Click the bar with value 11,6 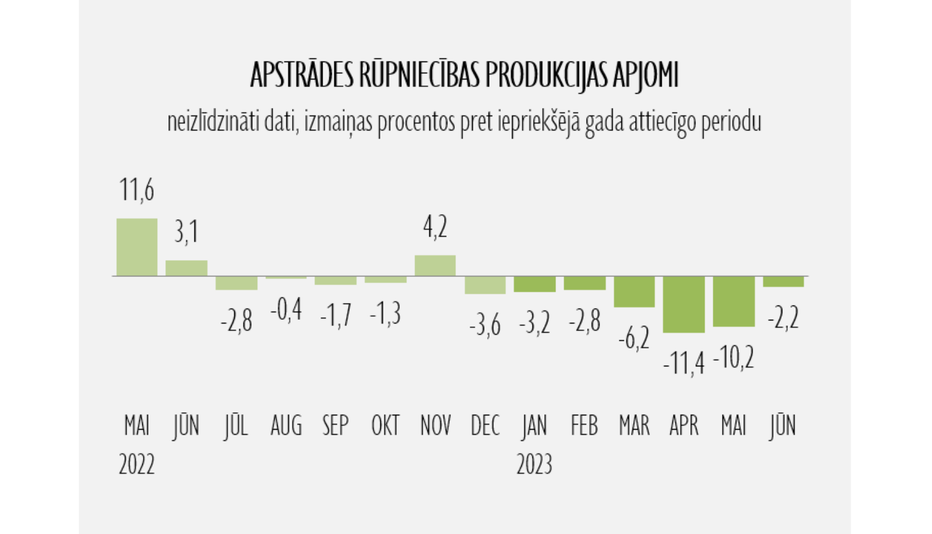click(x=137, y=247)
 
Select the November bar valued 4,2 click(x=435, y=265)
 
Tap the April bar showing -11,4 click(x=684, y=304)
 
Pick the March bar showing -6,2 click(x=634, y=291)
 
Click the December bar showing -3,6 click(x=485, y=284)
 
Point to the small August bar click(x=286, y=278)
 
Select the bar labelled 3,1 click(x=186, y=268)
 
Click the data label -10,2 click(x=734, y=358)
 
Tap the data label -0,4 click(x=286, y=309)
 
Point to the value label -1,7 click(x=336, y=315)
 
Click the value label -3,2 click(x=535, y=323)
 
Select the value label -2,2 click(x=784, y=318)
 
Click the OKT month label click(x=385, y=426)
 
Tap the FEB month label click(x=584, y=426)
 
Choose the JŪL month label click(x=236, y=426)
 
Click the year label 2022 click(x=137, y=464)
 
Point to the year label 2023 click(x=534, y=464)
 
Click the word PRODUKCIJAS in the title click(x=546, y=76)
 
